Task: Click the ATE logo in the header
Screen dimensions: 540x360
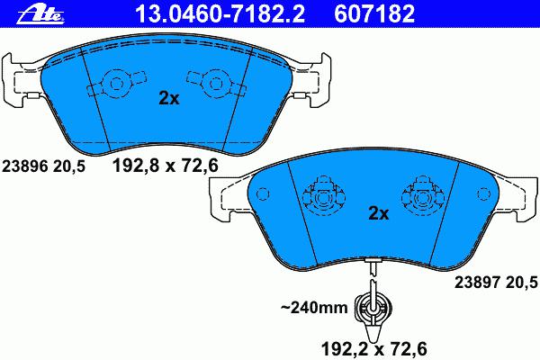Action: (40, 15)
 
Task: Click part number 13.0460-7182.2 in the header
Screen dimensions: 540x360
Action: (220, 14)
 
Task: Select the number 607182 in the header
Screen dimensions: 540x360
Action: (374, 14)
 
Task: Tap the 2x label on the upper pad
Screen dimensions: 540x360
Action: (169, 98)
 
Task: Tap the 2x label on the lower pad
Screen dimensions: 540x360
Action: (379, 213)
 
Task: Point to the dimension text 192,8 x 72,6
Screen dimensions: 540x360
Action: (166, 166)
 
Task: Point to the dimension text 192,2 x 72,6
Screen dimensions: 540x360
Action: (374, 348)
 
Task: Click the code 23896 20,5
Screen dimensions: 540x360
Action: (43, 166)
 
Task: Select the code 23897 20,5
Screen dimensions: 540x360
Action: (496, 283)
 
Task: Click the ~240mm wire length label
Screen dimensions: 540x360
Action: (314, 307)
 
